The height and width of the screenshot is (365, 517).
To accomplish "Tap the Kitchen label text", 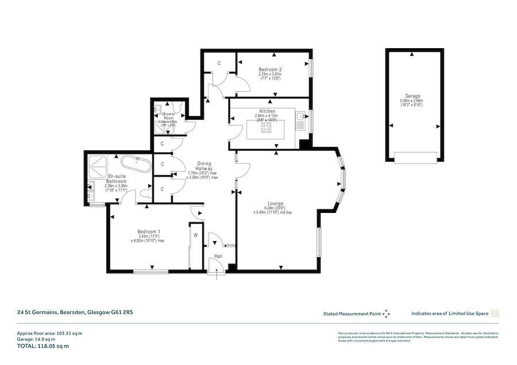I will point(267,111).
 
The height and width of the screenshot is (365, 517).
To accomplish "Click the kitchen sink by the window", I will point(301,120).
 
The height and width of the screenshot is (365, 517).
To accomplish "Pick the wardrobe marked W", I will point(196,235).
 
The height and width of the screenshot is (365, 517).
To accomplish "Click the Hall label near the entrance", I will point(218,256).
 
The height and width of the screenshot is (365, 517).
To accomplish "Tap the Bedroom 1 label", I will point(148,232).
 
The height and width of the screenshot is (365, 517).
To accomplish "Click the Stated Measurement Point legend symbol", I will point(387,313).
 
